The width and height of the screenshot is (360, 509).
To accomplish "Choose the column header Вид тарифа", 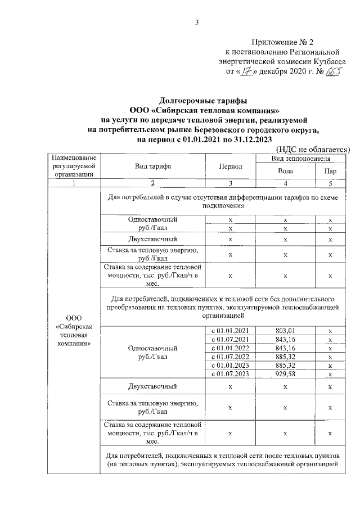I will pos(153,166).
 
